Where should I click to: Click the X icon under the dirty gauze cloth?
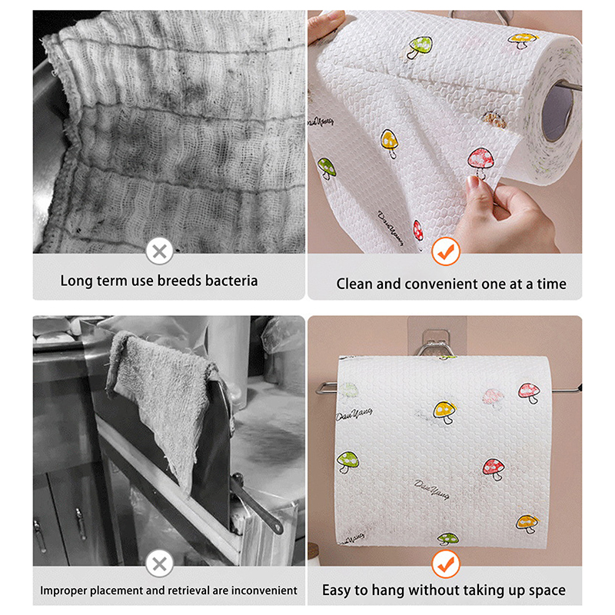159,251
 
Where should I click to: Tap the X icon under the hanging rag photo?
159,564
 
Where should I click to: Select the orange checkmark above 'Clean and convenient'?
446,251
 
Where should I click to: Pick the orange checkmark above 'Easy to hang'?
446,564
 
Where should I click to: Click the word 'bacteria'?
231,281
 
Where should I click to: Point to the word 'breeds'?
179,281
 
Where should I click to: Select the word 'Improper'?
64,590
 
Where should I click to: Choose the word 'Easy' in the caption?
337,590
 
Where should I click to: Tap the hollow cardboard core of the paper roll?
557,112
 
